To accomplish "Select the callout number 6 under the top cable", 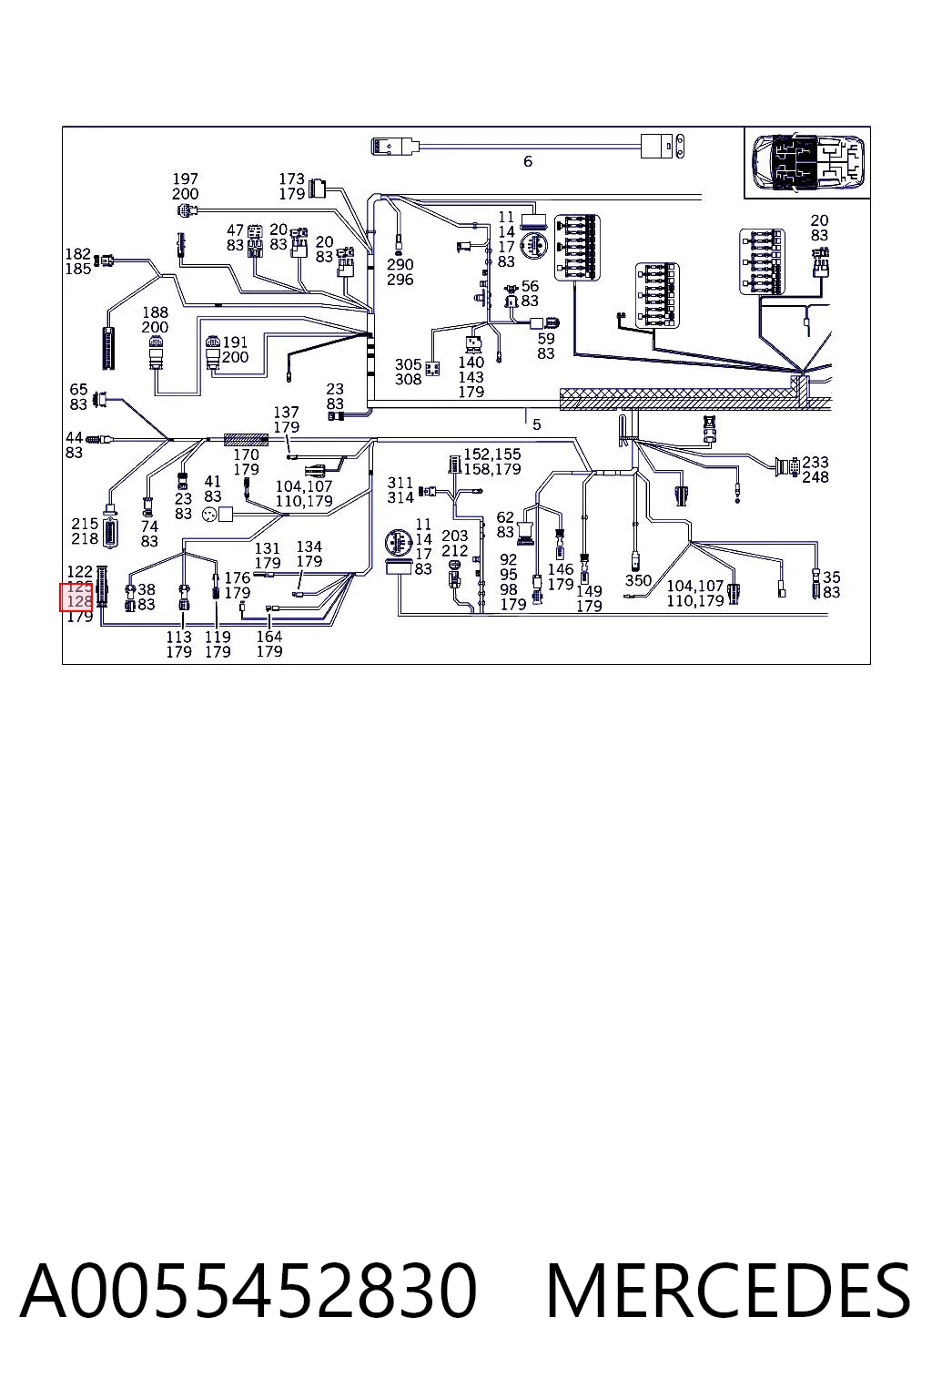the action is click(x=528, y=162).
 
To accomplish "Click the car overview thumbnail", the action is click(x=807, y=162).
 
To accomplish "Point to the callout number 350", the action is click(x=638, y=580).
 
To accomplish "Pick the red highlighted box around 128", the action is click(x=76, y=597).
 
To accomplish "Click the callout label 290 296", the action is click(x=400, y=272).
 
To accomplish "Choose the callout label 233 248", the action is click(x=815, y=470).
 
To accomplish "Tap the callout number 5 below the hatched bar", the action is click(x=536, y=424).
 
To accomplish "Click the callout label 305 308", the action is click(x=409, y=372).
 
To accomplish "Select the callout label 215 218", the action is click(x=85, y=531).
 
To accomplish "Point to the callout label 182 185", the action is click(x=78, y=261).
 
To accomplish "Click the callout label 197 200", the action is click(x=186, y=187).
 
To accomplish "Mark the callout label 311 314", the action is click(x=400, y=490).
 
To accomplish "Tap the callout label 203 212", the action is click(x=454, y=544).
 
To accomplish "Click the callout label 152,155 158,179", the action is click(x=491, y=462).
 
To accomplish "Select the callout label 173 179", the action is click(x=291, y=187).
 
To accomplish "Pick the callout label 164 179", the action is click(x=269, y=644).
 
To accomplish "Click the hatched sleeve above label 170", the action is click(x=246, y=440).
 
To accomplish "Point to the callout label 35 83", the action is click(x=832, y=585).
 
